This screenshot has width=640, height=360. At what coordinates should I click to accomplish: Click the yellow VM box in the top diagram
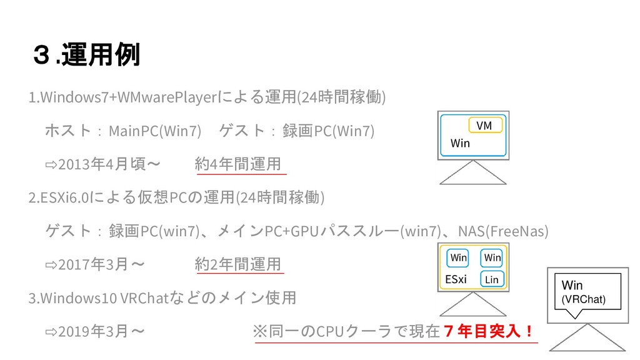(484, 126)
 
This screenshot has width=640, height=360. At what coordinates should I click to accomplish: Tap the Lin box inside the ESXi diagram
(491, 279)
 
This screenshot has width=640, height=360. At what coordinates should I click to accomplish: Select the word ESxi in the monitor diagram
(456, 279)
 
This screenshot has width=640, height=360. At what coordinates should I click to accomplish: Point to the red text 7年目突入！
(488, 329)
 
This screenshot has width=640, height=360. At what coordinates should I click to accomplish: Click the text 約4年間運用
(237, 164)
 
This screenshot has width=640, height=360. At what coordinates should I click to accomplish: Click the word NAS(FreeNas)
(503, 231)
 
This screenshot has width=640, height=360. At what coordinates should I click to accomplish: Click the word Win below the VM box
(460, 144)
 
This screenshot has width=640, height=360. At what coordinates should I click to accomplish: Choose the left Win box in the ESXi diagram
(458, 257)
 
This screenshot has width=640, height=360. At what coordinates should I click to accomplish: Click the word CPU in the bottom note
(331, 330)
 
